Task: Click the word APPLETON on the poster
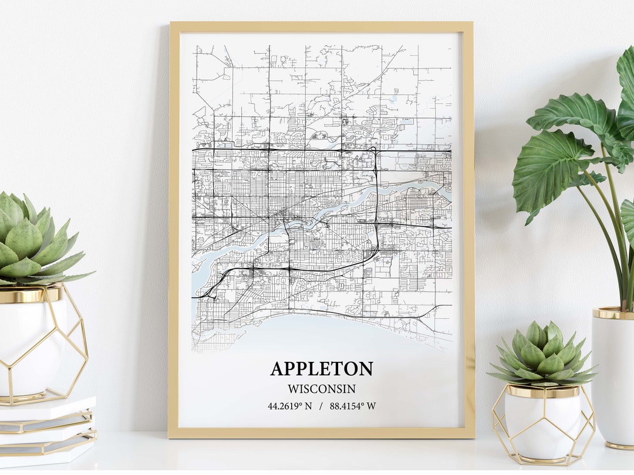tap(321, 369)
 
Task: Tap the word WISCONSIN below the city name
tap(322, 389)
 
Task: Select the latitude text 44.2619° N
tap(289, 406)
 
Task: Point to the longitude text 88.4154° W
tap(353, 406)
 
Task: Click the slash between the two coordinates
tap(321, 406)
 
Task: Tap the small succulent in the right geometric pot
tap(543, 354)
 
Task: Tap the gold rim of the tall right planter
tap(613, 313)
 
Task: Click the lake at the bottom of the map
tap(329, 334)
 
